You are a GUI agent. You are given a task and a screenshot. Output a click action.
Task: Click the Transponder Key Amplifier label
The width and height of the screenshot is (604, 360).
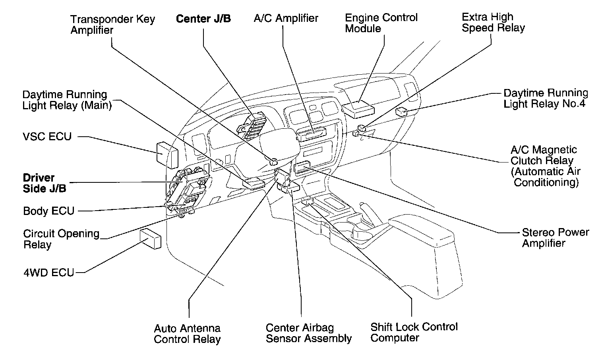(112, 25)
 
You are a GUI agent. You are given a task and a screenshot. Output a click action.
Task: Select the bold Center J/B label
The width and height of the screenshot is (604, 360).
(203, 19)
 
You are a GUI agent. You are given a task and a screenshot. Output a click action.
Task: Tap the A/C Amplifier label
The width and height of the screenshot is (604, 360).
(286, 18)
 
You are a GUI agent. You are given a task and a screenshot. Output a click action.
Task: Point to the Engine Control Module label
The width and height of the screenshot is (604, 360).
(381, 23)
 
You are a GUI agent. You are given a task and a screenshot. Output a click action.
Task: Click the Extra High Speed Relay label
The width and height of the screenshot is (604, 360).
(493, 22)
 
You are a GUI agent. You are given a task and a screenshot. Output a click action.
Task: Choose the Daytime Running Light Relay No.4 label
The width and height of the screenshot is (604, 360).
(546, 99)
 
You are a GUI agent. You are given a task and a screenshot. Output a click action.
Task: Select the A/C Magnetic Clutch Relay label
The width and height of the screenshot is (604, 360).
(545, 166)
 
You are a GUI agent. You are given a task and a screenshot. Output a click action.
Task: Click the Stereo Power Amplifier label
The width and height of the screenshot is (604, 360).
(555, 238)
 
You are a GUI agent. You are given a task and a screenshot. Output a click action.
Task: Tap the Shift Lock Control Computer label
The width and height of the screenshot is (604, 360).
(414, 332)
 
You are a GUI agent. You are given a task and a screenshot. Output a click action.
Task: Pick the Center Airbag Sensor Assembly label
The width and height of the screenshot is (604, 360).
(308, 333)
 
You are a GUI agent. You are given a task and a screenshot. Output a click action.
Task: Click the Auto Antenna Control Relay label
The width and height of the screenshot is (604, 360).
(187, 334)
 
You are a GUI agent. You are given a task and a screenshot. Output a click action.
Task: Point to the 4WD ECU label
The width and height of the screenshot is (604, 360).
(48, 273)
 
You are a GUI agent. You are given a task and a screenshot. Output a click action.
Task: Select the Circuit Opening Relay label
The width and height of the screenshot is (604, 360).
(61, 239)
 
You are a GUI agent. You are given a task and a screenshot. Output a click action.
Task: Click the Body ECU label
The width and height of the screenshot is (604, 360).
(48, 211)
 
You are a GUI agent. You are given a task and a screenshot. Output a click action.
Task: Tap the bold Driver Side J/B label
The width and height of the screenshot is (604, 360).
(44, 183)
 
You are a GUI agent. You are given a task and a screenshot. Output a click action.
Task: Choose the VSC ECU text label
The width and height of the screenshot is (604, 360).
(47, 137)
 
